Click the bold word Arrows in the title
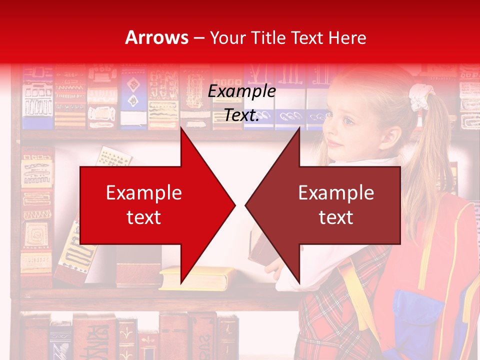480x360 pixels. click(157, 37)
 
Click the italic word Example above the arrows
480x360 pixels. click(241, 91)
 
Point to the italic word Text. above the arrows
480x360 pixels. click(241, 115)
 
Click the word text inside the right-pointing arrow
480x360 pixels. click(144, 217)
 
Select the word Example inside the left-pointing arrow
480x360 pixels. click(336, 193)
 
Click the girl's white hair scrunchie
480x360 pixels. click(420, 96)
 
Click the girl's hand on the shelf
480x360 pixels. click(274, 270)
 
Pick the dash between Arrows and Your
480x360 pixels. click(198, 38)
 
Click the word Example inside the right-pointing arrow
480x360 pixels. click(144, 193)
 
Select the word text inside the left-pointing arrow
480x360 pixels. click(336, 217)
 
